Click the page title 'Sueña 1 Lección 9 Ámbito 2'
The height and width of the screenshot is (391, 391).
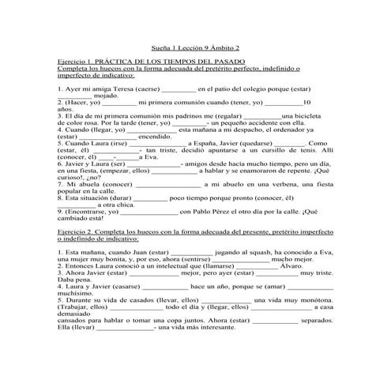194,48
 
